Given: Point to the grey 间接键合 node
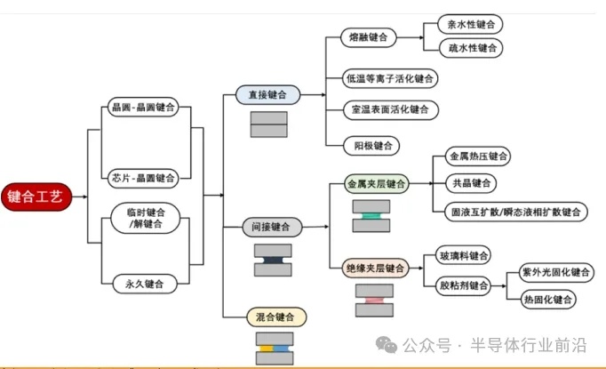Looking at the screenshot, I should [274, 227].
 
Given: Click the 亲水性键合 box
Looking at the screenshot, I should [472, 24].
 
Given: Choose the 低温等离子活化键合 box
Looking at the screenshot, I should [390, 78].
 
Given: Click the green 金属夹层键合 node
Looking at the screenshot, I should [376, 185].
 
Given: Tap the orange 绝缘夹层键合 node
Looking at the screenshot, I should [376, 268].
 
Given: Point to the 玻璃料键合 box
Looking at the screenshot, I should [465, 256].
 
